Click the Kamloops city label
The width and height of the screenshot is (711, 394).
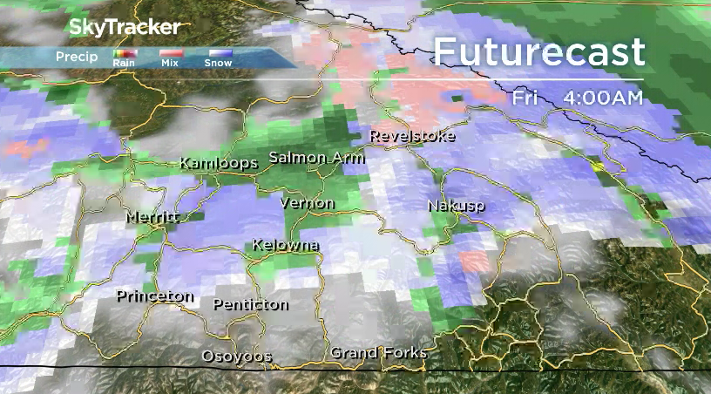tap(219, 163)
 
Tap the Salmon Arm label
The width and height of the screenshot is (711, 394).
tap(316, 158)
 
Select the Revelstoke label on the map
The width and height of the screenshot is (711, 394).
tap(412, 136)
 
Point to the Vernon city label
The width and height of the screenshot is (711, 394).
tap(306, 203)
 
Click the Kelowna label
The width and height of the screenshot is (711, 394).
tap(285, 245)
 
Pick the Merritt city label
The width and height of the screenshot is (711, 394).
tap(152, 217)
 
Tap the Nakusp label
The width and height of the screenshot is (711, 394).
tap(456, 206)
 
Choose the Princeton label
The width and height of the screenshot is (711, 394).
tap(155, 295)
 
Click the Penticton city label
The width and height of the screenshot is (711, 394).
tap(251, 304)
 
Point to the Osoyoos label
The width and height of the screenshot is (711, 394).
tap(236, 356)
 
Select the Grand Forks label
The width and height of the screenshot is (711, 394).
tap(378, 352)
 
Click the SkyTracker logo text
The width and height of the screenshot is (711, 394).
tap(125, 28)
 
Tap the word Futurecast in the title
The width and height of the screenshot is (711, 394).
tap(539, 52)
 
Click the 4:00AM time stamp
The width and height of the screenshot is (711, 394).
tap(603, 98)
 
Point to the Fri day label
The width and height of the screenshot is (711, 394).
tap(525, 98)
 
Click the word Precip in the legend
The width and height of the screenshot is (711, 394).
tap(77, 57)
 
